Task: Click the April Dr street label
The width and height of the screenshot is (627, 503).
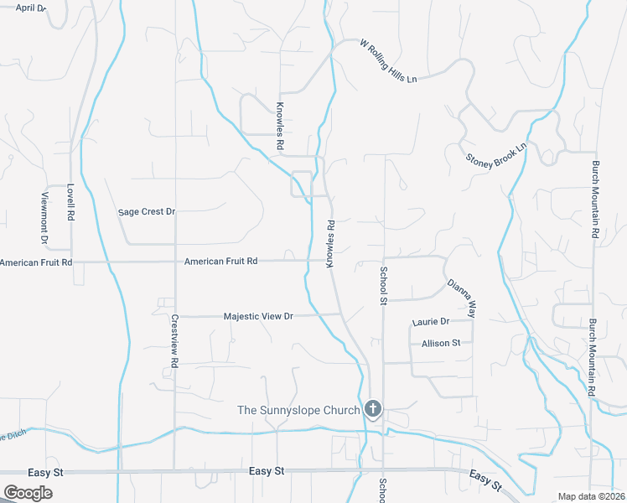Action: coord(29,7)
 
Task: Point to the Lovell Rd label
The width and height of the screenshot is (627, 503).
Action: coord(70,202)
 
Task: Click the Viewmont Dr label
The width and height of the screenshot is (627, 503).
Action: coord(46,220)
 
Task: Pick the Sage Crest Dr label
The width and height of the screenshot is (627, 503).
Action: coord(146,212)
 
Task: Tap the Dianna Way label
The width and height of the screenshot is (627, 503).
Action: coord(461,298)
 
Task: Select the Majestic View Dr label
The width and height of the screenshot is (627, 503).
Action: coord(258,317)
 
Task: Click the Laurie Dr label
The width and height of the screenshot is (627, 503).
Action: coord(431,322)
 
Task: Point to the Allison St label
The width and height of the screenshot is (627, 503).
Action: coord(441,343)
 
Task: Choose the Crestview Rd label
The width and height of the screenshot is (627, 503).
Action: coord(174,341)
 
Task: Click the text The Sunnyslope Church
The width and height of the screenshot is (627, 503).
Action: coord(299,410)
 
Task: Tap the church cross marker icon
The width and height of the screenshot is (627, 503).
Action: coord(374,410)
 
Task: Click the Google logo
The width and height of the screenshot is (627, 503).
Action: coord(28,493)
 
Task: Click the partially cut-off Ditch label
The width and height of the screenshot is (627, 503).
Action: coord(13,437)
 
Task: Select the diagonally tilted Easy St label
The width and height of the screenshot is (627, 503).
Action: coord(485,480)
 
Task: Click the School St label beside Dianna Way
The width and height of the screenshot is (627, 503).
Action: coord(383,284)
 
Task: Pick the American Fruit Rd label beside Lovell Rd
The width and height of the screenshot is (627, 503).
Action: coord(36,262)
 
